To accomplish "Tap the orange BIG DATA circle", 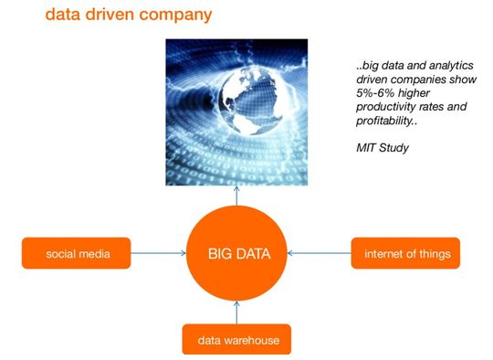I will pyautogui.click(x=236, y=252).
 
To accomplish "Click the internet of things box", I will pyautogui.click(x=405, y=253).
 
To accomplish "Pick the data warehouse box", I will pyautogui.click(x=236, y=341).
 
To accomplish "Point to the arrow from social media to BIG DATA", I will pyautogui.click(x=158, y=253).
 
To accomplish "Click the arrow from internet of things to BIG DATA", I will pyautogui.click(x=318, y=253).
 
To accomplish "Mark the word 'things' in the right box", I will pyautogui.click(x=431, y=253).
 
